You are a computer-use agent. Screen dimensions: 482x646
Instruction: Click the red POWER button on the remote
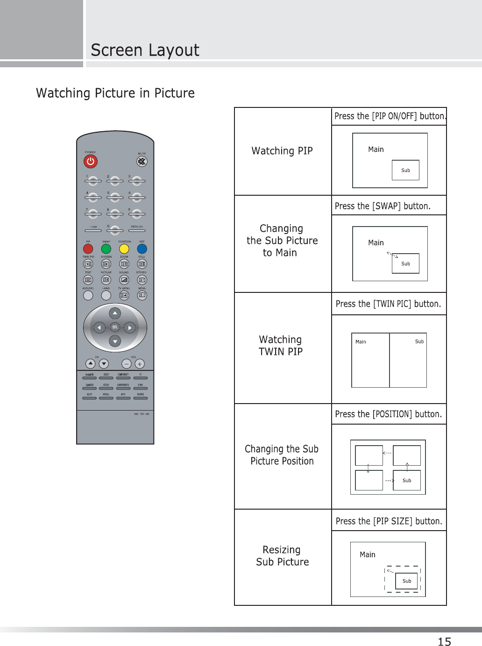90,162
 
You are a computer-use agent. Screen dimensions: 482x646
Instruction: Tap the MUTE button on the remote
142,162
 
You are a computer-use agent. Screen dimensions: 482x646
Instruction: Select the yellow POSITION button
124,248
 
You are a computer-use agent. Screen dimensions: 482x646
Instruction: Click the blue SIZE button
142,248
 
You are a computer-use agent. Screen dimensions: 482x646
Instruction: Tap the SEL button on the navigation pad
115,327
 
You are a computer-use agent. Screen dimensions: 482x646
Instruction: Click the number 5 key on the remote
115,197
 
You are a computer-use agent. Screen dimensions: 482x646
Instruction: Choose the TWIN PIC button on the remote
88,264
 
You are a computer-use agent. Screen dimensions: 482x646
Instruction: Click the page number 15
444,641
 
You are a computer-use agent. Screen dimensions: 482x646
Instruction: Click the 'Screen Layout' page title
145,50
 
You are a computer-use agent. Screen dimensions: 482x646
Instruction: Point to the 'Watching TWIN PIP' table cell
281,346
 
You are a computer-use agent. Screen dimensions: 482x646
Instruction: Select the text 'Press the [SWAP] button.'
383,206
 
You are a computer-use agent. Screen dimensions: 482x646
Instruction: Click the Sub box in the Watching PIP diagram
405,170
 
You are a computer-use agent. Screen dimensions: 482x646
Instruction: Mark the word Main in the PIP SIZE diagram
368,554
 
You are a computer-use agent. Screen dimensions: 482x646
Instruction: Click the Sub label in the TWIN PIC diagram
419,341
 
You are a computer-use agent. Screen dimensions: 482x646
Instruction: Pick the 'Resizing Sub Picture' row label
282,556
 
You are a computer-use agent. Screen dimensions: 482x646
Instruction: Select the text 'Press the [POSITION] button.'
388,414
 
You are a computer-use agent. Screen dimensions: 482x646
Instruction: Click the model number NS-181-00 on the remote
142,414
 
